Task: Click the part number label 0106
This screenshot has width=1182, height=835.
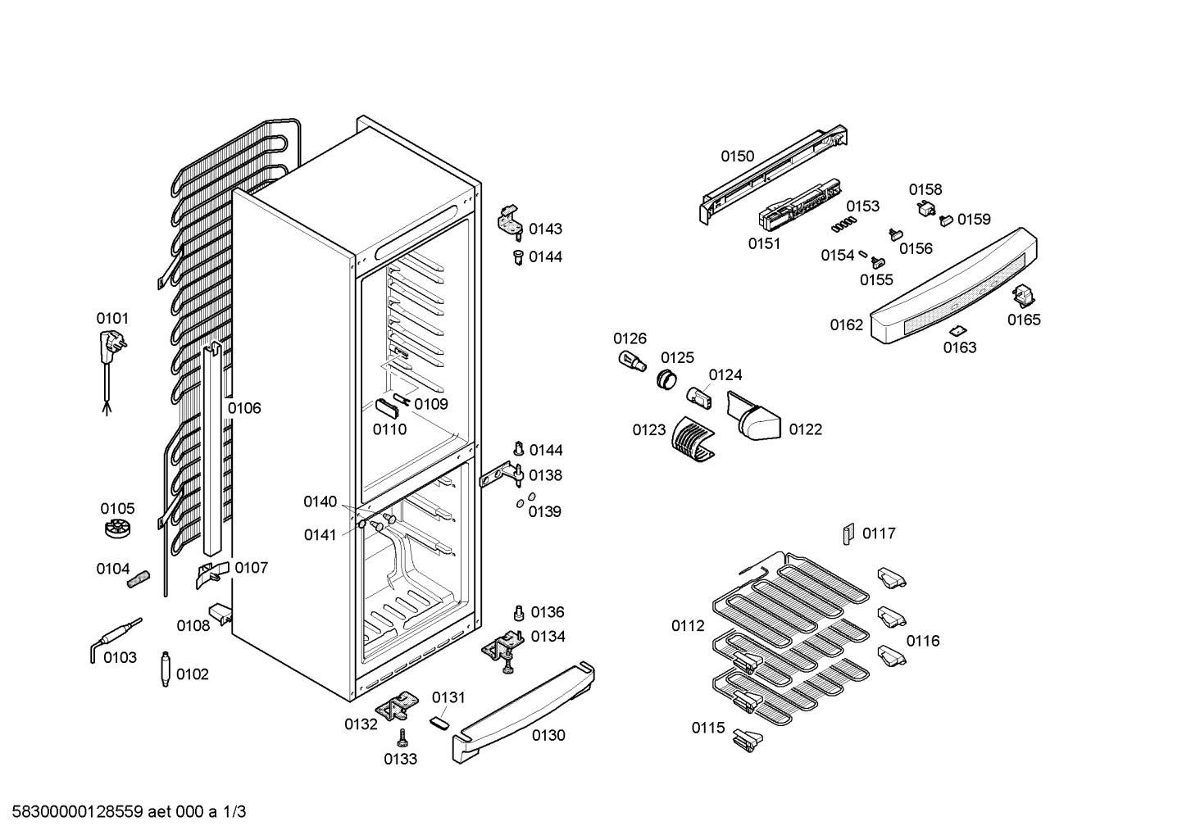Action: click(x=244, y=408)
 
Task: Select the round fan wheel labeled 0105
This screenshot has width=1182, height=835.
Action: click(x=118, y=528)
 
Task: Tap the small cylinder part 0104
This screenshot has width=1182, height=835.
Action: click(x=138, y=579)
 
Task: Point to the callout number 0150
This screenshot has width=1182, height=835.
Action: click(x=738, y=157)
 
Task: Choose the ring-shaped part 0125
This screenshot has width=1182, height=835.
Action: click(x=667, y=379)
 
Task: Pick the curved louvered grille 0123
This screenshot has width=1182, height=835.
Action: click(x=693, y=439)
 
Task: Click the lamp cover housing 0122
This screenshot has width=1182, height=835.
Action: click(x=753, y=415)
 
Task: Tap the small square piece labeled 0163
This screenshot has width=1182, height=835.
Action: click(x=957, y=331)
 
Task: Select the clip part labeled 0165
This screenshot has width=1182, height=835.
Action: click(x=1023, y=296)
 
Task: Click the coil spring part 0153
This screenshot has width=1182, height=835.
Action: click(x=843, y=224)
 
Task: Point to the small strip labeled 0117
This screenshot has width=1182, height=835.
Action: click(x=848, y=534)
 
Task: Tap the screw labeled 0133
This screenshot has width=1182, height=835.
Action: click(x=403, y=738)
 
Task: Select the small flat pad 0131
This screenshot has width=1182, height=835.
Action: click(x=439, y=723)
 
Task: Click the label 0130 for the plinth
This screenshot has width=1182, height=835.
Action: click(x=548, y=735)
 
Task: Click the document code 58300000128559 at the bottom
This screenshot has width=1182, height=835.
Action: click(x=78, y=812)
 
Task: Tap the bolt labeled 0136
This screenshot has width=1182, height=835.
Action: click(x=518, y=613)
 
